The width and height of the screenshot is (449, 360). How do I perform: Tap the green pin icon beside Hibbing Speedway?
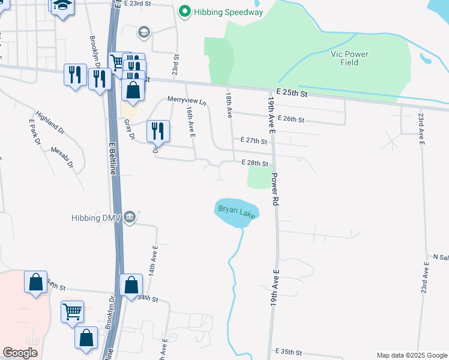click(185, 11)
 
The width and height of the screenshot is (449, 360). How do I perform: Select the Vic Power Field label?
click(349, 58)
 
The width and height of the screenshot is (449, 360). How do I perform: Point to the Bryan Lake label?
click(236, 211)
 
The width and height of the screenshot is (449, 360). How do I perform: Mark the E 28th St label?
click(254, 163)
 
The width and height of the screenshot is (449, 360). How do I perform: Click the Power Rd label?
click(276, 191)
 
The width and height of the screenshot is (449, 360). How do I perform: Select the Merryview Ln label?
click(186, 100)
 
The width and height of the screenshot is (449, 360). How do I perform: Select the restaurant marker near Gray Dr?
click(157, 130)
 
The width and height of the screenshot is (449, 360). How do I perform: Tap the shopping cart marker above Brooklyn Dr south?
click(72, 311)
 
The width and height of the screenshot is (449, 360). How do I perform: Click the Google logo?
click(20, 353)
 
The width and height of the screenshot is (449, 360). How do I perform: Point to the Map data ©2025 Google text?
click(412, 355)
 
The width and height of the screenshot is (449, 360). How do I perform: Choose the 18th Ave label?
click(229, 106)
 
